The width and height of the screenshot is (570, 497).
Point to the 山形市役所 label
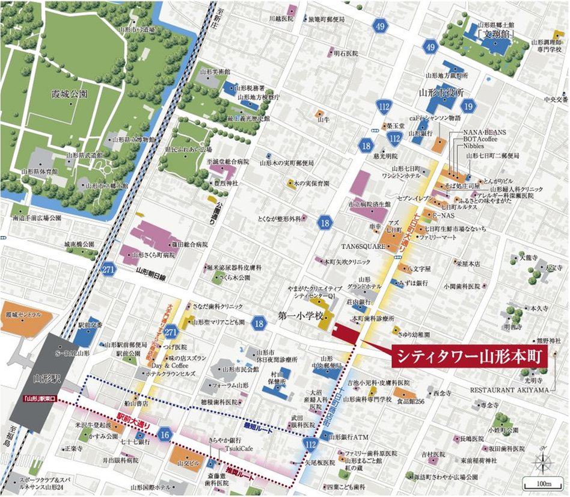442,94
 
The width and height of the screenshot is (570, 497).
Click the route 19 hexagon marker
470,107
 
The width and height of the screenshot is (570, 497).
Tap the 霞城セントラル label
23,315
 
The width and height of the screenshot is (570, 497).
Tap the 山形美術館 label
215,71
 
